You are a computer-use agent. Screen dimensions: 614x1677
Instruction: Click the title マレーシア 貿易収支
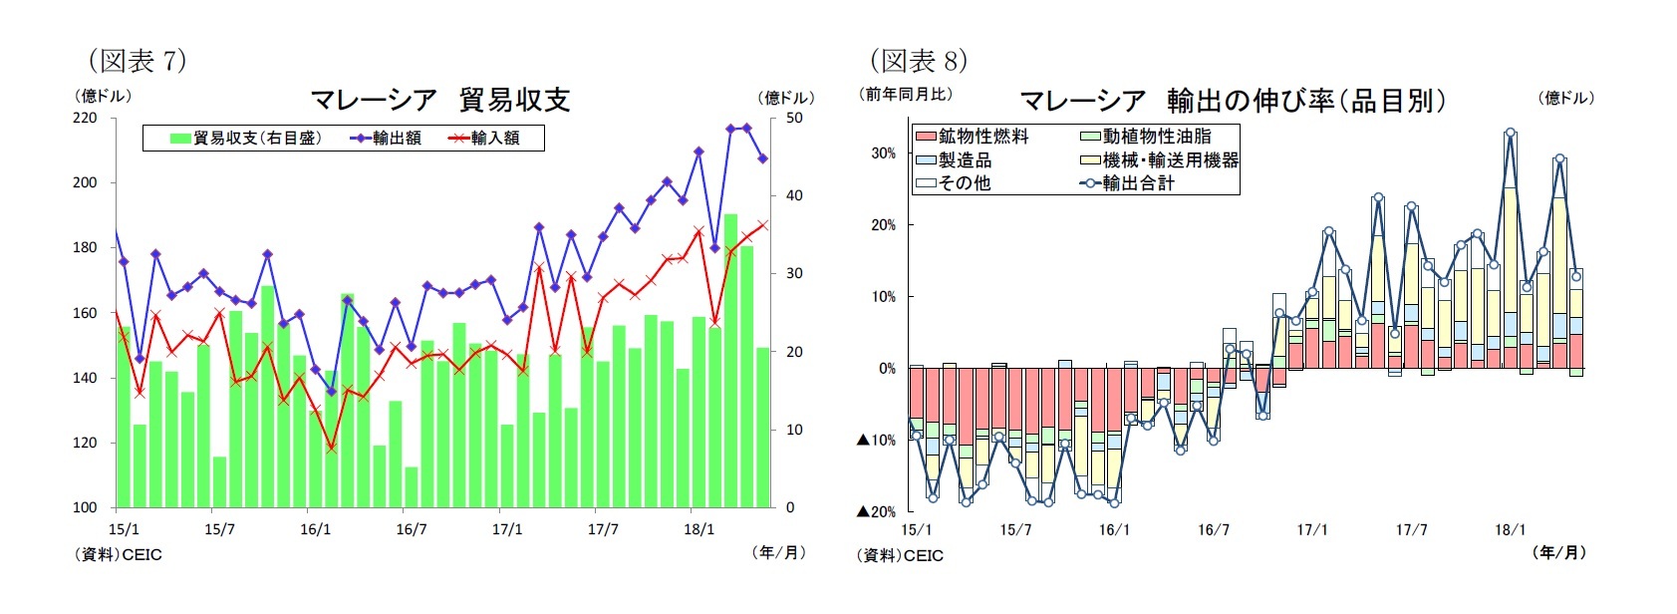click(x=439, y=100)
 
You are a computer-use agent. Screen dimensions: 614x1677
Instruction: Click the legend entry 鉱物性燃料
click(x=982, y=137)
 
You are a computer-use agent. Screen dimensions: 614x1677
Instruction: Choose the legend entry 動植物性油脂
click(x=1156, y=137)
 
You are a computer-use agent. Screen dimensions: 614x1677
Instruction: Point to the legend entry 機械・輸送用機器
click(x=1170, y=159)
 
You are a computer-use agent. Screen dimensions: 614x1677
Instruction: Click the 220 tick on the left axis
click(x=86, y=118)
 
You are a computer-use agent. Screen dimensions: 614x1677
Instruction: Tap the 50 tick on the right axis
click(x=794, y=118)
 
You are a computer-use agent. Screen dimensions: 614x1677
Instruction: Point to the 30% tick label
click(x=883, y=153)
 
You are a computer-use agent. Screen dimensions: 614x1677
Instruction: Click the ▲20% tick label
click(x=876, y=511)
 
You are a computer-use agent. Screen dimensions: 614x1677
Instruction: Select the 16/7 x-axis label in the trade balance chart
click(x=412, y=529)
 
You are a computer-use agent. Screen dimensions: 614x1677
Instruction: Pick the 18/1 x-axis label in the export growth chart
click(x=1510, y=530)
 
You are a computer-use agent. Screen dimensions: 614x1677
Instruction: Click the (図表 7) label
click(x=137, y=61)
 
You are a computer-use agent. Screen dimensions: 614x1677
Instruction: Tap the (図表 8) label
click(x=918, y=61)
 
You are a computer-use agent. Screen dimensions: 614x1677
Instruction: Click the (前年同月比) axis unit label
click(x=906, y=94)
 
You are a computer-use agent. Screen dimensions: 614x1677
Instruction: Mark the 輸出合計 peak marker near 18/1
click(x=1510, y=133)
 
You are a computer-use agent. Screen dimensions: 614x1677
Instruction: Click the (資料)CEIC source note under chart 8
click(x=900, y=555)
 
